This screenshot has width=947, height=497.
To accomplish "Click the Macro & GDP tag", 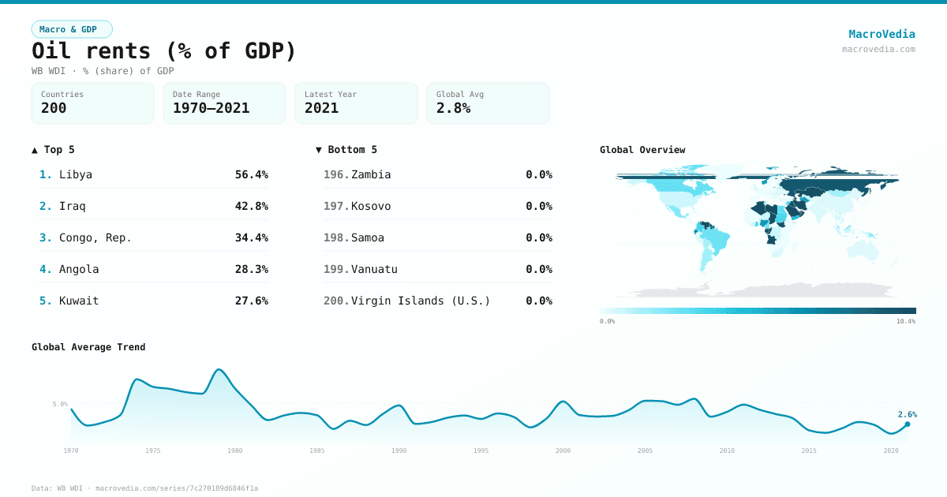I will (72, 29).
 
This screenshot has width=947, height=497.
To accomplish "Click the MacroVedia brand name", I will (881, 34).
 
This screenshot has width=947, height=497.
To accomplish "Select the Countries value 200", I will (54, 108).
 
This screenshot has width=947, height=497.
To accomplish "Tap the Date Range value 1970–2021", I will (211, 108).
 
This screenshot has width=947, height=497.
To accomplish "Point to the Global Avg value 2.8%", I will (453, 108).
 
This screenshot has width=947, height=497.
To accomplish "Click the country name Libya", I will (76, 174).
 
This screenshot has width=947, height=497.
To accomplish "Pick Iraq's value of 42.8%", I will (251, 206).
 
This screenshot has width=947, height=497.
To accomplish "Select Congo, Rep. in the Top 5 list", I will (95, 237).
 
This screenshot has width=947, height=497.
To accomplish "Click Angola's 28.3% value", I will (251, 269).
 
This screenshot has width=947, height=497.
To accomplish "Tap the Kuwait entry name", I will (79, 301).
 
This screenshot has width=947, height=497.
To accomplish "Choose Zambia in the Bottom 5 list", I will (371, 174).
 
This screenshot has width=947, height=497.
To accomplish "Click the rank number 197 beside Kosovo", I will (335, 206).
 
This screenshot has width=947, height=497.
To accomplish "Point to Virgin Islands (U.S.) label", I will (421, 301).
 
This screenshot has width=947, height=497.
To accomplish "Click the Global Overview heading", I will (642, 150).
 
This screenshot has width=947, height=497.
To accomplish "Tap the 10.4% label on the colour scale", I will (905, 322).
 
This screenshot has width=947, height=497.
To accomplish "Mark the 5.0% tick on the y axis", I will (60, 404).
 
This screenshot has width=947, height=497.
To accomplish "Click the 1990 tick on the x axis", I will (399, 450).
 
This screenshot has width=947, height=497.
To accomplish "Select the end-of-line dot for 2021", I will (907, 424).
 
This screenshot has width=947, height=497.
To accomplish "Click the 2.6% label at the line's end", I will (907, 414).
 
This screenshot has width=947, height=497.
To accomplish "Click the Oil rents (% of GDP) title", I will (164, 51).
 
